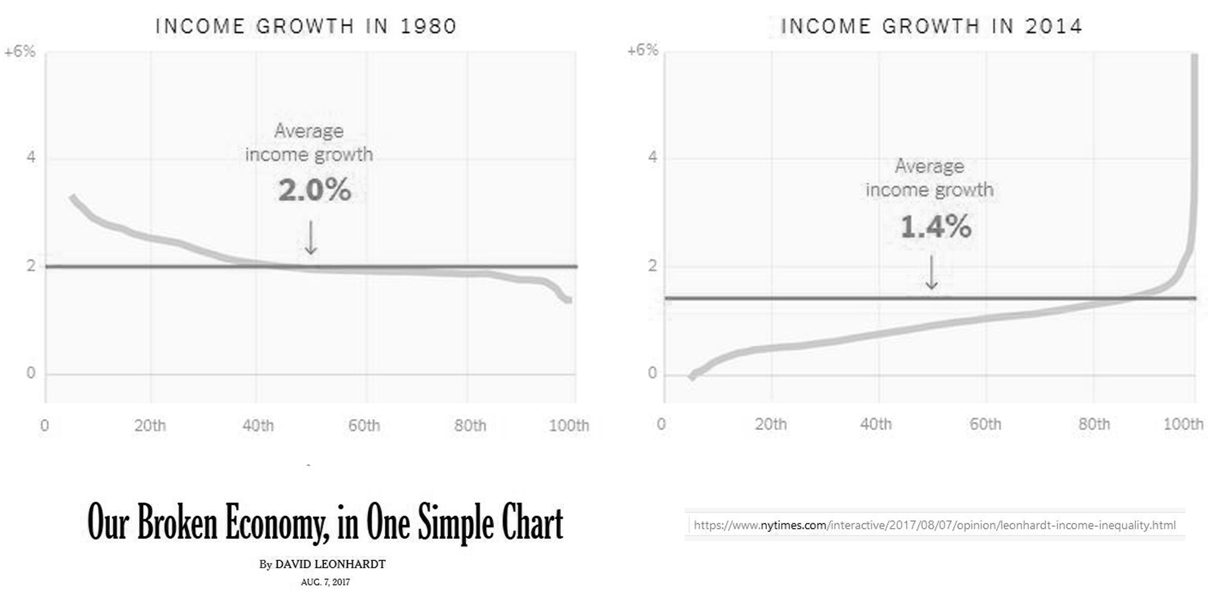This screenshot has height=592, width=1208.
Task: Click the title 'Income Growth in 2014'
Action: (931, 26)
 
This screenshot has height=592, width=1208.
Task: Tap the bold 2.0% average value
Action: (314, 190)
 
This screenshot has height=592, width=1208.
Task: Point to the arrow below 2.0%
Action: (311, 238)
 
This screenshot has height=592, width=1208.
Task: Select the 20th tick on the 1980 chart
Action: (150, 425)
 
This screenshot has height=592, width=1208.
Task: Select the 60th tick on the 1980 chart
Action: (364, 425)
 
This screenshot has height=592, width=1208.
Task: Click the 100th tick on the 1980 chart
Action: (568, 425)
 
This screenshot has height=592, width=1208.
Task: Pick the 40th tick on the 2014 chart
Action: (876, 424)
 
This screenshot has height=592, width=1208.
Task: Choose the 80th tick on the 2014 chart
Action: (1094, 424)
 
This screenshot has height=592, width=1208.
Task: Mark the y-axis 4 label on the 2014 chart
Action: (652, 157)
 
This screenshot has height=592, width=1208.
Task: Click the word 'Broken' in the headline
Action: (177, 522)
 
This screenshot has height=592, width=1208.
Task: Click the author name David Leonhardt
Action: (330, 564)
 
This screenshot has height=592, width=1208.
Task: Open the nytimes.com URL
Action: (934, 525)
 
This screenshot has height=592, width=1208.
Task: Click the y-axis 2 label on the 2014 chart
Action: (652, 266)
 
